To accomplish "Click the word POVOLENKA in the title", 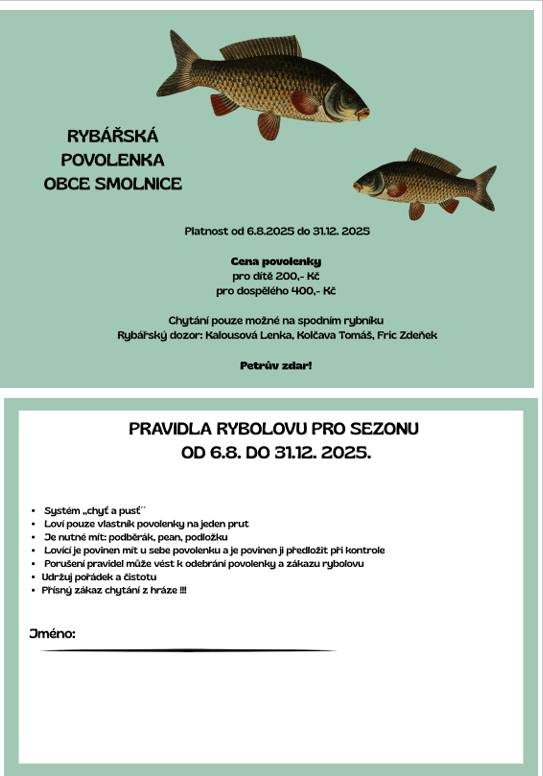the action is coord(113,159).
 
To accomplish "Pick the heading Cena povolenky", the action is coord(276,261).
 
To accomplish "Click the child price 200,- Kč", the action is coord(297,275).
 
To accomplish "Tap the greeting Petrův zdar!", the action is coord(276,366).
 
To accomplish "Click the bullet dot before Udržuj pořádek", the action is coord(34,578).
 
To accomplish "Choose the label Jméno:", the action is coord(52,634).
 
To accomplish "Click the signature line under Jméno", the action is coord(187,651).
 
